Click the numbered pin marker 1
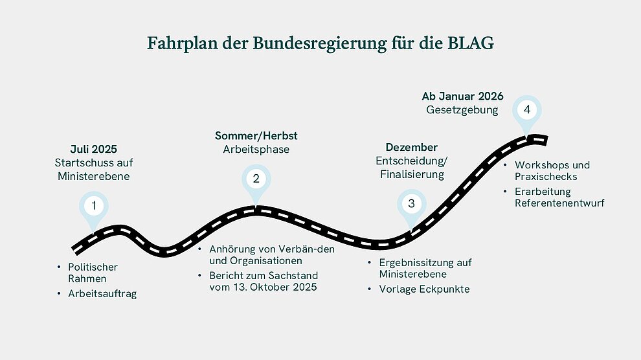94,208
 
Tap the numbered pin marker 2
256,182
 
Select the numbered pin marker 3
412,207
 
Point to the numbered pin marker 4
527,113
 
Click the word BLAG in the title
471,43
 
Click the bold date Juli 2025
94,149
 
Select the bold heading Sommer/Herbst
256,136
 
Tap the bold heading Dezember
412,147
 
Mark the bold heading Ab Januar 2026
462,96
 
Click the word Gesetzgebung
462,110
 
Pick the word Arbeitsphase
256,150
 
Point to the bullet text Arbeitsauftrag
102,294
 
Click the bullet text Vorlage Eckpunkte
424,289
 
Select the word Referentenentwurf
559,203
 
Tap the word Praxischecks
546,177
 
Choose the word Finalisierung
412,174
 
